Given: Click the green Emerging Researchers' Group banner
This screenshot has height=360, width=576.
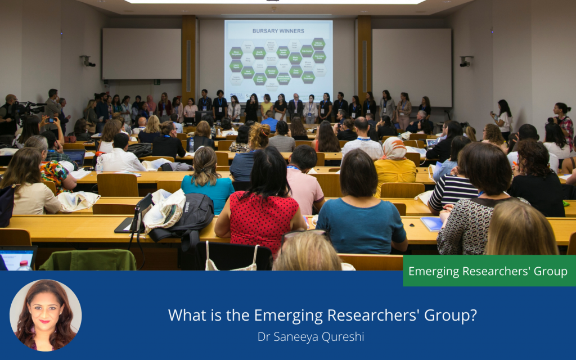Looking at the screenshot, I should [488, 271].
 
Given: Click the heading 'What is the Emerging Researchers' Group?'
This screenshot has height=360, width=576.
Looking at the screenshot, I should [322, 315].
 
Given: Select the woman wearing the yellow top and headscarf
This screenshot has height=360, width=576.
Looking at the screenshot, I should [395, 163].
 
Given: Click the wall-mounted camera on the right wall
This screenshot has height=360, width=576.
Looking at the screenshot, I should [465, 61].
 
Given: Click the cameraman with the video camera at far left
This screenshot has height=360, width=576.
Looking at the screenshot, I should [8, 115].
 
